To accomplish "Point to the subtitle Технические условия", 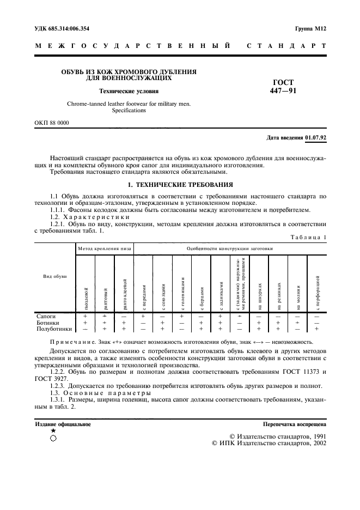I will tap(129, 92).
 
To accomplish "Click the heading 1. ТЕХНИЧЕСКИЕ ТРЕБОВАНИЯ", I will tap(180, 184).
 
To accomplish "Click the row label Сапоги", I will tap(46, 316).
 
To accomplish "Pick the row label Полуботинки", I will tap(54, 329).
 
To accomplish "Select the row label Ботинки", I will tap(47, 323).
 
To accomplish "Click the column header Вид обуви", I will tap(54, 277).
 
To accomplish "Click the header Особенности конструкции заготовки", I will tap(230, 248).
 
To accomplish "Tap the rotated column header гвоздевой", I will tap(86, 297).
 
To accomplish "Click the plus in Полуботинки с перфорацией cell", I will tap(316, 329).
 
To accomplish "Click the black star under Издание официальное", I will tap(53, 430).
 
